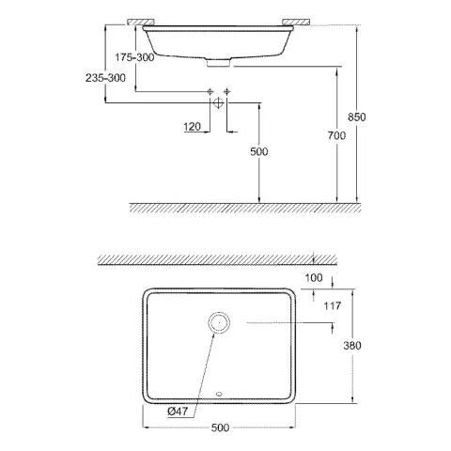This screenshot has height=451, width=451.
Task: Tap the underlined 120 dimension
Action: [193, 126]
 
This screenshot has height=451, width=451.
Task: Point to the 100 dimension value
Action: [313, 279]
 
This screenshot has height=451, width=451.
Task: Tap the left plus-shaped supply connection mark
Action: [209, 90]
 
